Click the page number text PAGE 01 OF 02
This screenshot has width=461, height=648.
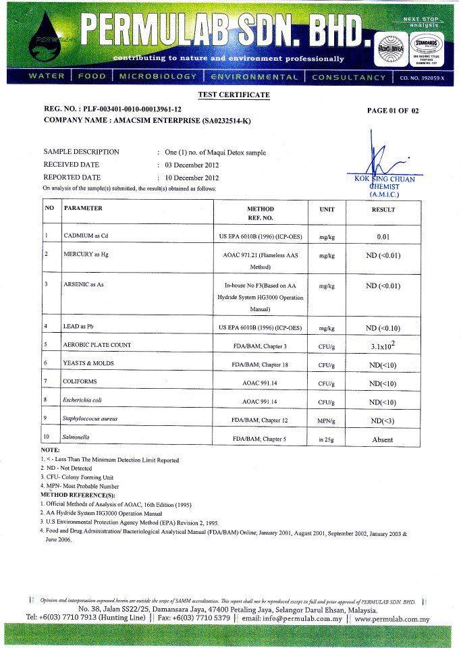(393, 111)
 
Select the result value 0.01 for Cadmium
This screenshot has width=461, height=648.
(383, 237)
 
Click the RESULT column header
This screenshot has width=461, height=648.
(383, 209)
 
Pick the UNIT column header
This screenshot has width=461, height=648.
(327, 209)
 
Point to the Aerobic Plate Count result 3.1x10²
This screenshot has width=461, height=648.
(383, 346)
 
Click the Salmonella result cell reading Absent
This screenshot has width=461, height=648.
(383, 439)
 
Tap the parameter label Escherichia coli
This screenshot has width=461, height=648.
(87, 400)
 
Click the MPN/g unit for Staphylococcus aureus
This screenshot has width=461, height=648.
(327, 421)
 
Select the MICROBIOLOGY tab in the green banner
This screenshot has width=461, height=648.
(157, 77)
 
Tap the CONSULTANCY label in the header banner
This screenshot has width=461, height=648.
(348, 77)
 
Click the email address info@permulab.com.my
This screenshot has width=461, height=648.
(295, 618)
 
